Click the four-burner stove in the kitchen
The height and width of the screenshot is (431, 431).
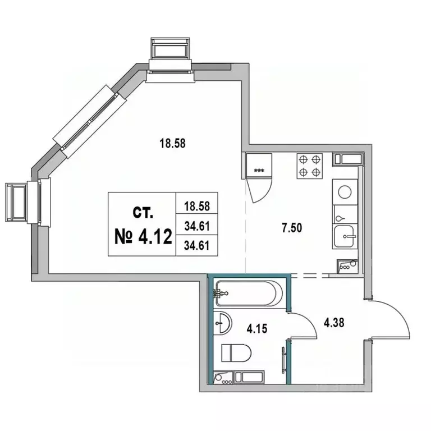pyautogui.click(x=309, y=166)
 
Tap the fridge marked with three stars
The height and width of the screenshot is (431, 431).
pyautogui.click(x=259, y=166)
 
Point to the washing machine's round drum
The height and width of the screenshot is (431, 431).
pyautogui.click(x=345, y=192)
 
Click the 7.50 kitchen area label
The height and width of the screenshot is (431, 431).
pyautogui.click(x=292, y=228)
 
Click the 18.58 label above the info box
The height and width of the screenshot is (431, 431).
pyautogui.click(x=172, y=143)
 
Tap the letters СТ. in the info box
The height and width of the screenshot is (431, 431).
pyautogui.click(x=143, y=213)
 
